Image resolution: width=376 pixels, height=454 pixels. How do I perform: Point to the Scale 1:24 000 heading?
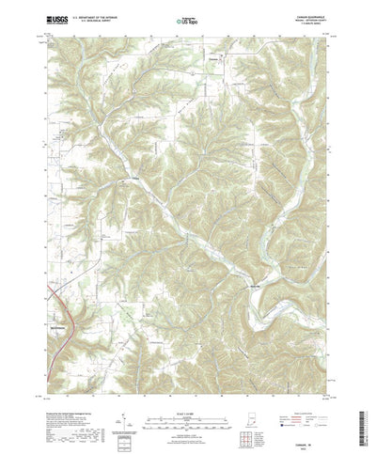pos(187,386)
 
